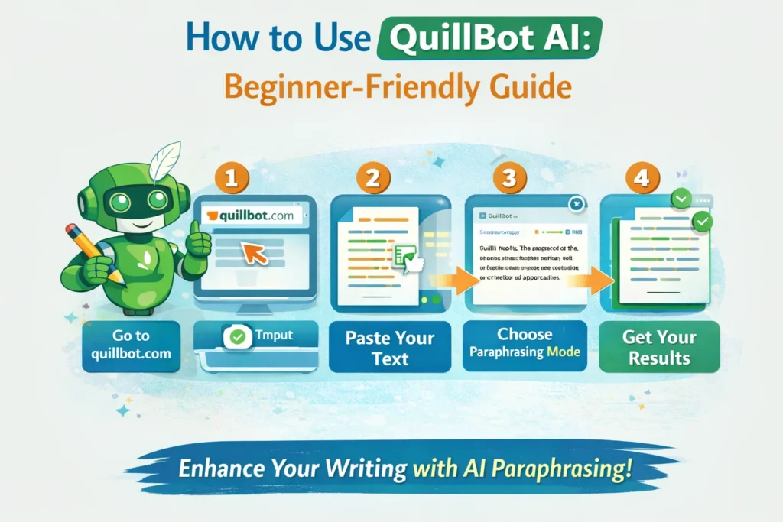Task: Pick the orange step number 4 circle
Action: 638,179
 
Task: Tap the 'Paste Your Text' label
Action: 390,347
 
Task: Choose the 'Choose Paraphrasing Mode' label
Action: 525,343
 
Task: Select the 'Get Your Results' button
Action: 658,347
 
